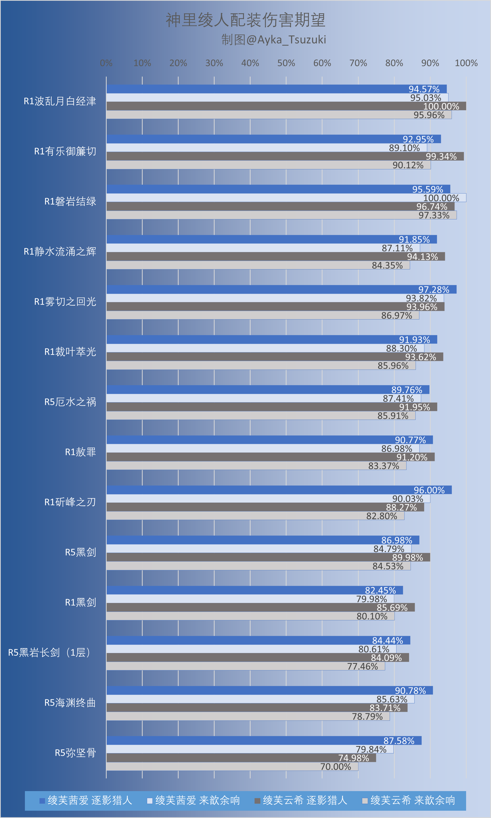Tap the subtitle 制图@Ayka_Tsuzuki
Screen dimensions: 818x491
tap(274, 40)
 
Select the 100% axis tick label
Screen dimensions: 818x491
tap(466, 63)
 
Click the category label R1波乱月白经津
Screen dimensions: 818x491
tap(60, 101)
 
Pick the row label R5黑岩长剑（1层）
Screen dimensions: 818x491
tap(49, 652)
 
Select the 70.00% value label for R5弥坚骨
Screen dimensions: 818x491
tap(336, 767)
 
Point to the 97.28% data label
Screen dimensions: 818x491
tap(434, 290)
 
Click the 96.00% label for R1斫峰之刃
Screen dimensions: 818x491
tap(429, 490)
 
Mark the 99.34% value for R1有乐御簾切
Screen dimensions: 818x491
tap(441, 156)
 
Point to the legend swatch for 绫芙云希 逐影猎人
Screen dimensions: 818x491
tap(257, 801)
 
